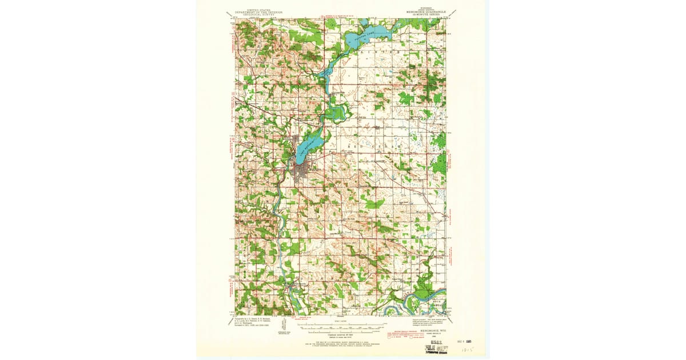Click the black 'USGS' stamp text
pyautogui.click(x=435, y=339)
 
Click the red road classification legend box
pyautogui.click(x=404, y=335)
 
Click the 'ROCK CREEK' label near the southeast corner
pyautogui.click(x=437, y=302)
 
